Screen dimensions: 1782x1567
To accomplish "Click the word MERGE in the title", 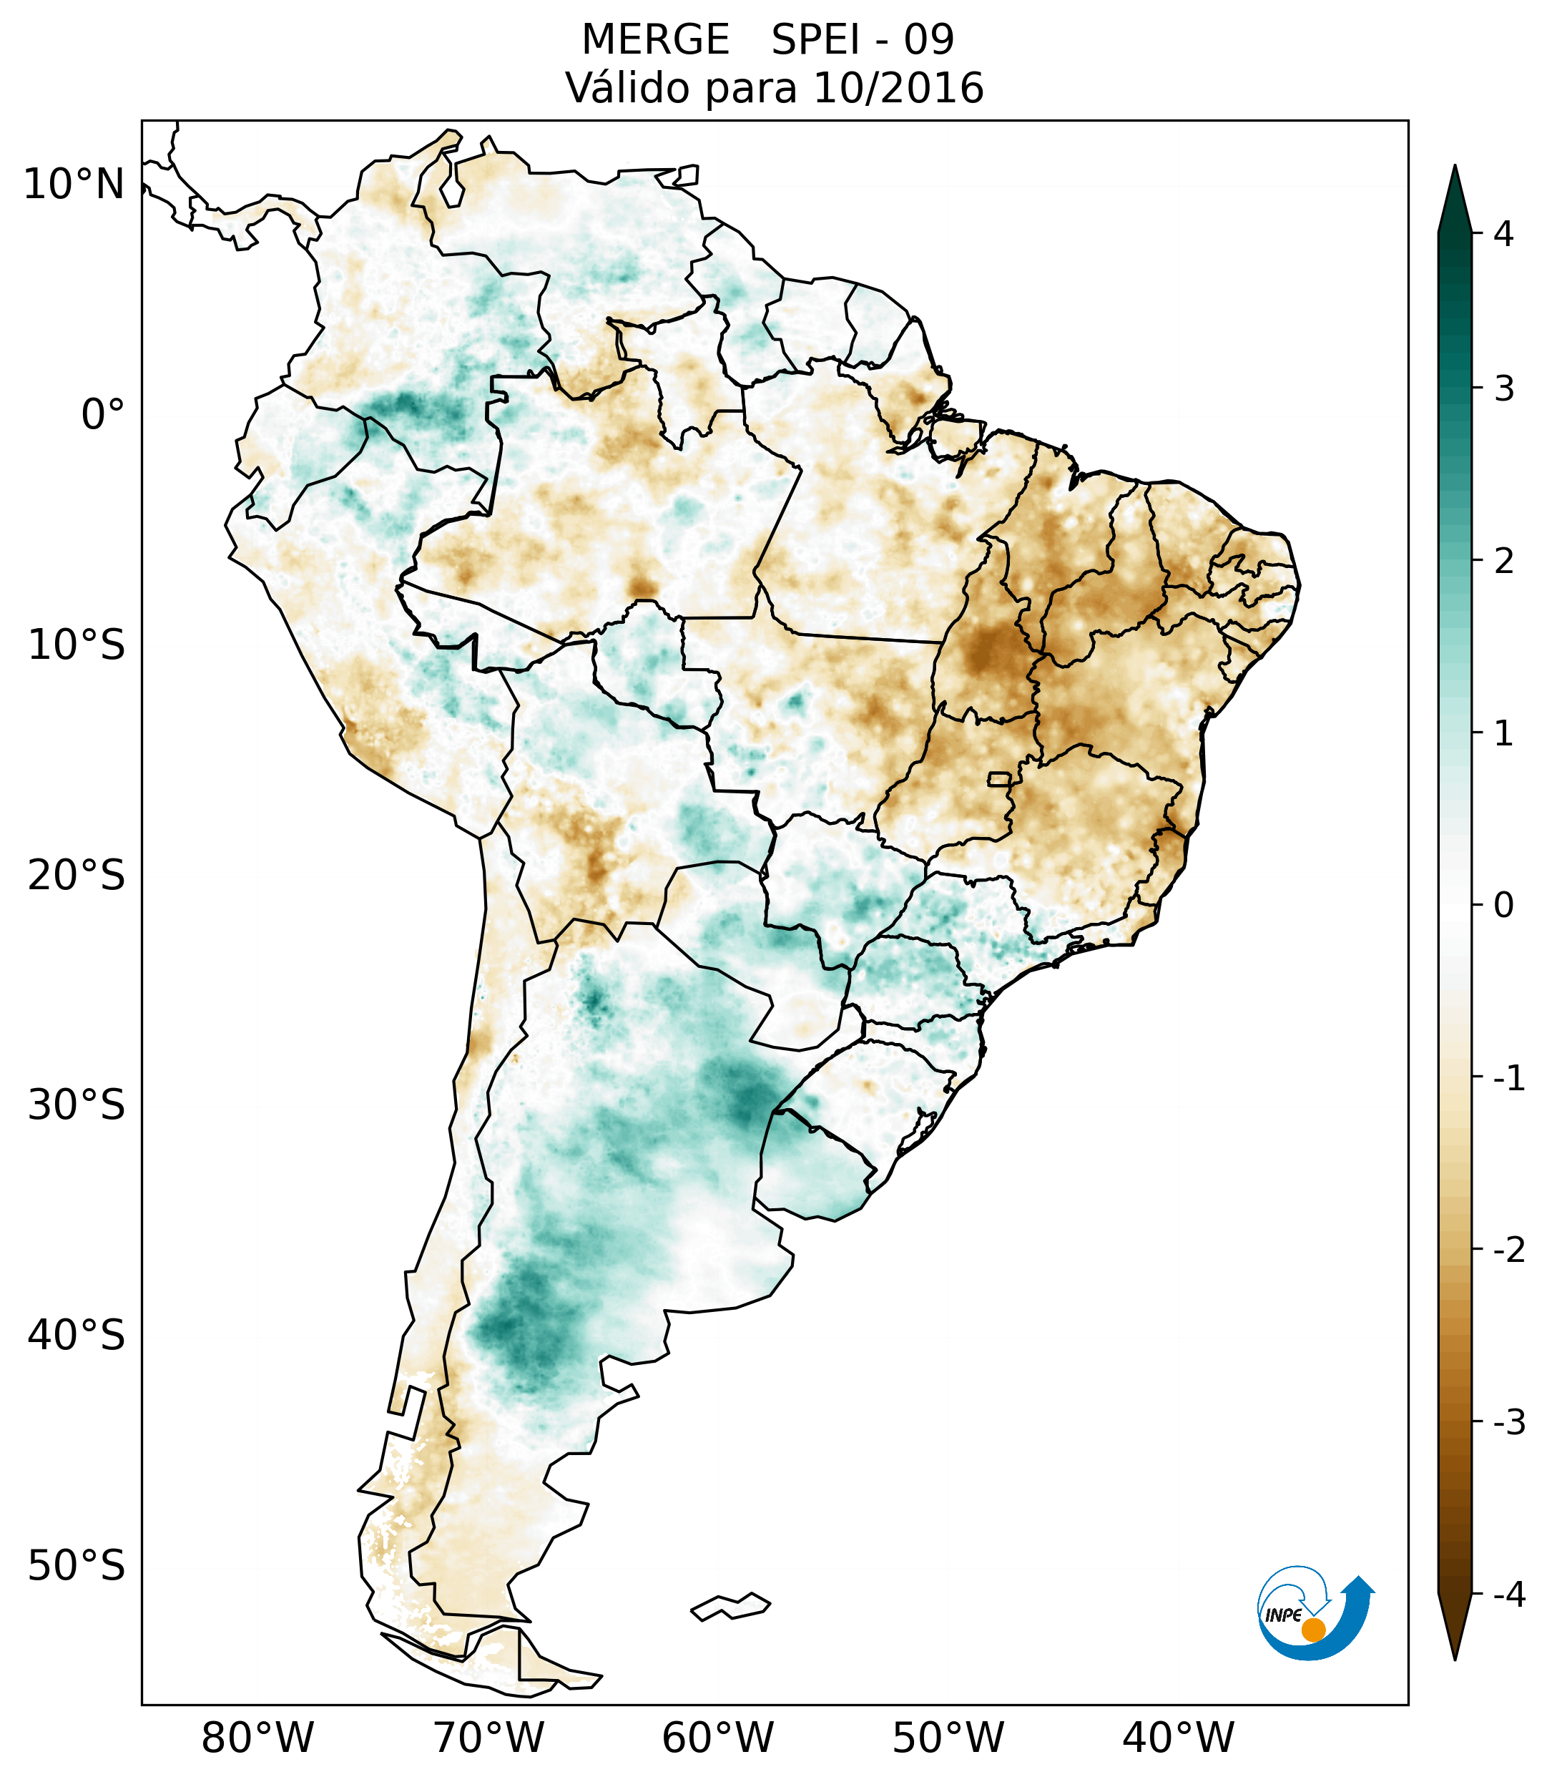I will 654,40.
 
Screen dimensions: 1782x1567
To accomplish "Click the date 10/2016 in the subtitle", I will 898,88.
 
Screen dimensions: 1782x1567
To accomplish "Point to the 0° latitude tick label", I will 103,415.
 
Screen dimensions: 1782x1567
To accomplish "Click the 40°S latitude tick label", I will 77,1336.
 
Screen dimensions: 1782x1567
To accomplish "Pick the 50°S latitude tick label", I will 77,1567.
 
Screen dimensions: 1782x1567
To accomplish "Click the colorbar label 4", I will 1503,234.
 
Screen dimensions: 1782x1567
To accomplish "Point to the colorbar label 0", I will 1503,906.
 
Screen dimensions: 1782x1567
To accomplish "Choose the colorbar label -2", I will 1508,1250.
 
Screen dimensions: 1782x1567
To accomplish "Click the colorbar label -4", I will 1508,1595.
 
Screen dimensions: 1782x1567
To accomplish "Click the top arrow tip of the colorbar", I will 1454,168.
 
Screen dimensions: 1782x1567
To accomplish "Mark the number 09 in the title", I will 928,40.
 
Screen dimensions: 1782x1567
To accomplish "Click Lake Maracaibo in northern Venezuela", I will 451,186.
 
